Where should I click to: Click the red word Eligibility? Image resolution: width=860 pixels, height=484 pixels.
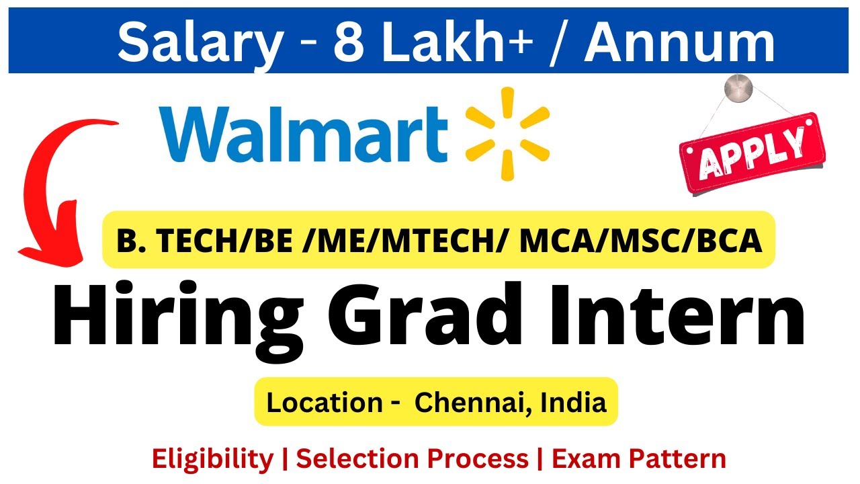click(x=212, y=459)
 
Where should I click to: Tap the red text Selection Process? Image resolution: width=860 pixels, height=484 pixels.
click(x=413, y=459)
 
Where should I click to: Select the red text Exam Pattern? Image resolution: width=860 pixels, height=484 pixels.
click(x=639, y=459)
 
